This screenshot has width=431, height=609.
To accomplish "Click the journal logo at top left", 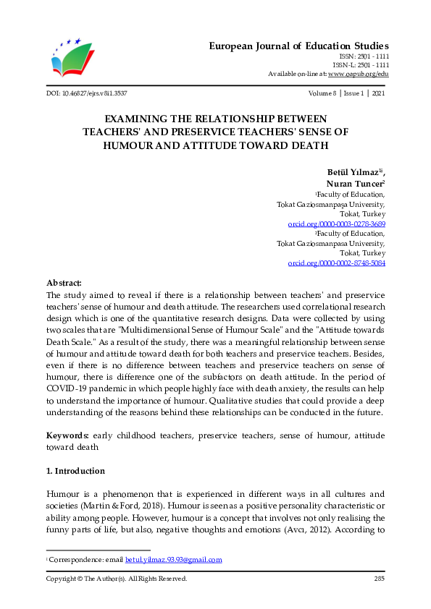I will click(72, 58).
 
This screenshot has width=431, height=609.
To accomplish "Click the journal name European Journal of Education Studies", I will click(298, 46).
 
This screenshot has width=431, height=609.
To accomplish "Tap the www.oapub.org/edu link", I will click(358, 74).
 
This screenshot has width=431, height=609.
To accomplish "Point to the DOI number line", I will click(86, 93).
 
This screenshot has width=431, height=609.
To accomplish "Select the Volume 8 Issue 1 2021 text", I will click(346, 93).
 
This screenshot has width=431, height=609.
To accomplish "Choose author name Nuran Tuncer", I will click(356, 184).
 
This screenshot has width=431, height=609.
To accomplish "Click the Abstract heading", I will click(64, 283).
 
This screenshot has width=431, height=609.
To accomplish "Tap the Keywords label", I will click(67, 435).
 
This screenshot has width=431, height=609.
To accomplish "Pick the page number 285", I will click(379, 579).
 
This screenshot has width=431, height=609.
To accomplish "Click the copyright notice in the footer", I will click(117, 579).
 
